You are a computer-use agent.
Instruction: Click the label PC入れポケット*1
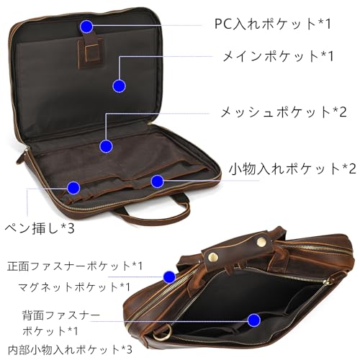(x=272, y=24)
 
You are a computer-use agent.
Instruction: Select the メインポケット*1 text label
(x=278, y=56)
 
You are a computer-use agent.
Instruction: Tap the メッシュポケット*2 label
(x=284, y=112)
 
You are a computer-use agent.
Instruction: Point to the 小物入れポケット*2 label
(x=292, y=168)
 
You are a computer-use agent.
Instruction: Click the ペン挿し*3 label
(x=40, y=228)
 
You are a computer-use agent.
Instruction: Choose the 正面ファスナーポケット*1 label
(x=75, y=266)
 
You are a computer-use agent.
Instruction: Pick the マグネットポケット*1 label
(x=74, y=287)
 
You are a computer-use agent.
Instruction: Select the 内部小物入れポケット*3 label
(x=70, y=350)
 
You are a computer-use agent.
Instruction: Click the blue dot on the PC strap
(x=86, y=27)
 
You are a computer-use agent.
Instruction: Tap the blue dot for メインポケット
(x=119, y=86)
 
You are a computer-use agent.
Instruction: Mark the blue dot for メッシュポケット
(x=106, y=146)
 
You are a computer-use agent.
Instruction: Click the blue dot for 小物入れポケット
(x=157, y=181)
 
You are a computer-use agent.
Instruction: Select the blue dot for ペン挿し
(x=73, y=188)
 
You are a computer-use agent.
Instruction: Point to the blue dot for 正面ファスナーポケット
(x=169, y=277)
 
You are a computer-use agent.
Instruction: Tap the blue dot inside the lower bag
(x=254, y=320)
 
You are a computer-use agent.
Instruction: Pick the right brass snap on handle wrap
(x=261, y=243)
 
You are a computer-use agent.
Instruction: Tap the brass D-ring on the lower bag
(x=162, y=333)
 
